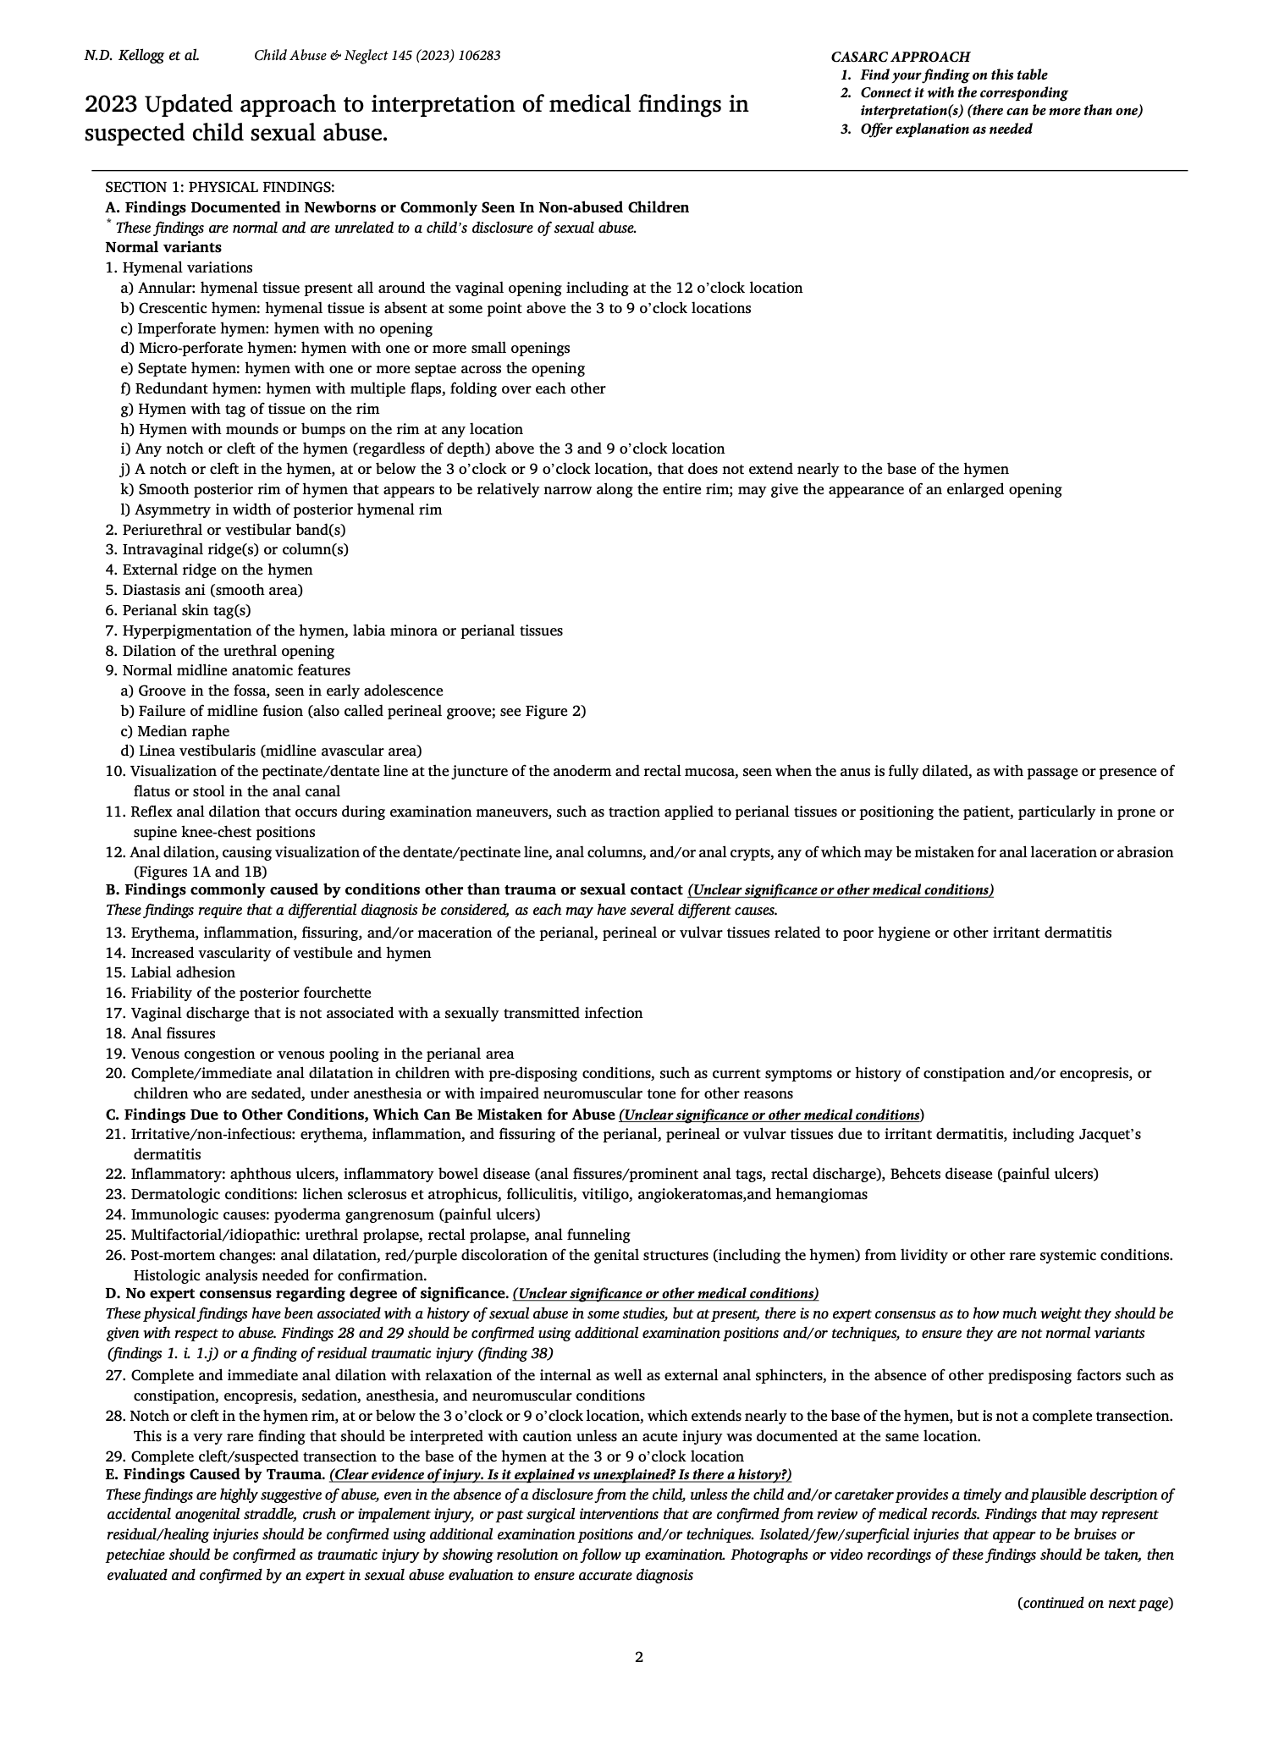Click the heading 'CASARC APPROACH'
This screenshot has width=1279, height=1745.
[x=900, y=57]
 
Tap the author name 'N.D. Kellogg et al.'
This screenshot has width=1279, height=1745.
[x=141, y=56]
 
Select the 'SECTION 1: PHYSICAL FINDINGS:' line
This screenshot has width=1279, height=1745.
[x=219, y=187]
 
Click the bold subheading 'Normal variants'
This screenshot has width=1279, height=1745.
[x=163, y=248]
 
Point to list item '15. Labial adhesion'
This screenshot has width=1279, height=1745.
[x=170, y=973]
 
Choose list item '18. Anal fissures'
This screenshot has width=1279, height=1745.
[x=160, y=1034]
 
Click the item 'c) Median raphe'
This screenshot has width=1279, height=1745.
[x=175, y=731]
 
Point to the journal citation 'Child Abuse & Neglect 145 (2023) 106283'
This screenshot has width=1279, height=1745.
[x=377, y=56]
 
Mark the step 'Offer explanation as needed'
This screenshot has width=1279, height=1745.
[x=945, y=129]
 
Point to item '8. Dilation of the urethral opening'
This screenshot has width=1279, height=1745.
[x=220, y=651]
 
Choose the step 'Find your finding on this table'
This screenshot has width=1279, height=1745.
[x=953, y=75]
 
